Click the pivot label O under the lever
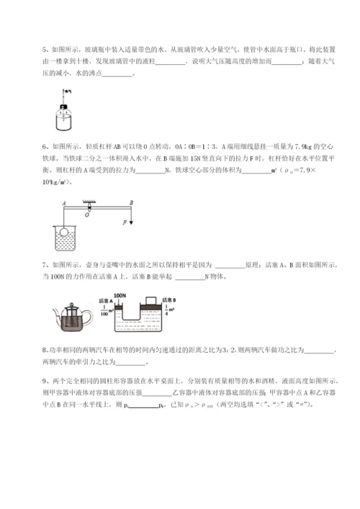click(69, 214)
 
